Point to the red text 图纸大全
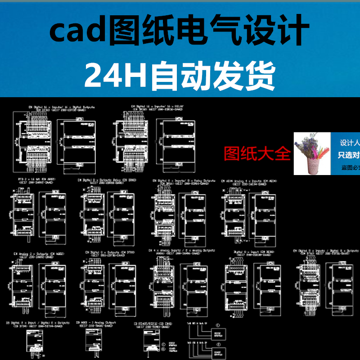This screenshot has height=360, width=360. tap(257, 154)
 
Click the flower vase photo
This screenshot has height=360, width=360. tap(311, 153)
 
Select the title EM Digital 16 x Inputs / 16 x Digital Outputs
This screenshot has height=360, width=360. tap(58, 107)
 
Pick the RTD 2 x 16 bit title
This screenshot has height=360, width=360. tap(34, 180)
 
